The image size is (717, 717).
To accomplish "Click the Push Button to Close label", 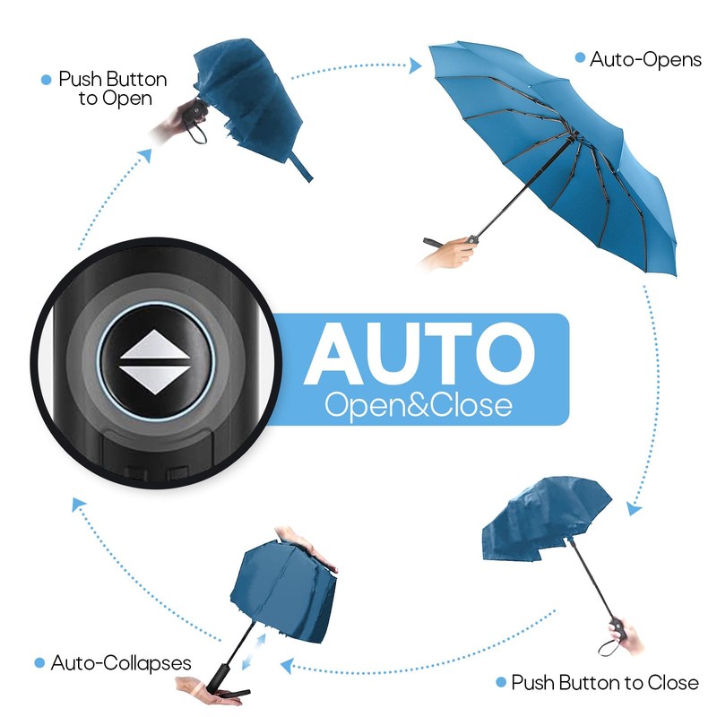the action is click(x=605, y=683).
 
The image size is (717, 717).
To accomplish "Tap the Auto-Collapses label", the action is click(x=121, y=663).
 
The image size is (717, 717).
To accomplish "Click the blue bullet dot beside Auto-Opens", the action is click(x=580, y=60).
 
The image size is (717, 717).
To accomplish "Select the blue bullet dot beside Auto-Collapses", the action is click(x=39, y=663).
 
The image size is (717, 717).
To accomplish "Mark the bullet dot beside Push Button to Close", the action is click(x=500, y=683).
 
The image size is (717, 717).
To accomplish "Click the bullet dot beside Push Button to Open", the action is click(x=47, y=80).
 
